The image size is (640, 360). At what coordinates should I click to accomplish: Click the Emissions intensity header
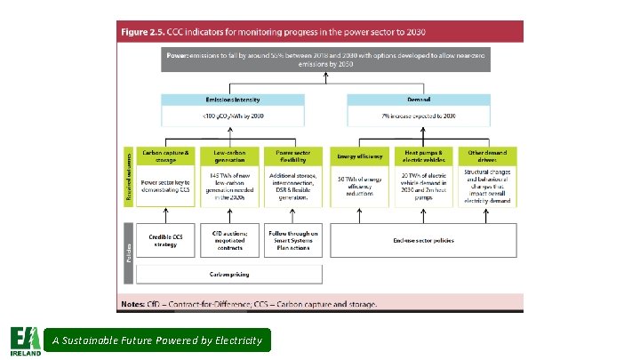pos(226,100)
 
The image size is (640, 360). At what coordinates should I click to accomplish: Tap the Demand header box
pos(418,100)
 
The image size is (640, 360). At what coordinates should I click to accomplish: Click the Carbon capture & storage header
pos(166,155)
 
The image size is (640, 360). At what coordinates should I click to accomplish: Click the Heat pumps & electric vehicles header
pos(422,155)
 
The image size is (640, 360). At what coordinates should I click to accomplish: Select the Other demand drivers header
pos(486,155)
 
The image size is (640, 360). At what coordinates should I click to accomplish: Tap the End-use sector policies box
pos(422,240)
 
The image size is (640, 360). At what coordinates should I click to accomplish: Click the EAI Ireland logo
pos(25,340)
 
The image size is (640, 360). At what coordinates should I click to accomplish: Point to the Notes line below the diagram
pos(249,303)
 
